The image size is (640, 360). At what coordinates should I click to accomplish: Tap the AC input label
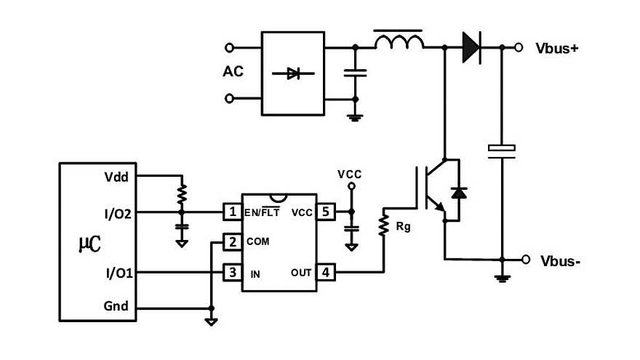pos(233,73)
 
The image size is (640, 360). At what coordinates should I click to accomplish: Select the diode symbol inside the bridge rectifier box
pos(293,73)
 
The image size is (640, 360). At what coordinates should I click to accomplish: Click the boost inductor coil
pos(399,43)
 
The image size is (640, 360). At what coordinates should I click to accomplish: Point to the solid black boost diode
pos(471,48)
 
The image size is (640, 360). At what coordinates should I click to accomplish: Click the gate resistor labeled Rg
pos(383,225)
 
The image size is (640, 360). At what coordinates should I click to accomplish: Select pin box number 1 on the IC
pos(232,212)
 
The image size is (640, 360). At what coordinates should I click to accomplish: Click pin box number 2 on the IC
pos(232,242)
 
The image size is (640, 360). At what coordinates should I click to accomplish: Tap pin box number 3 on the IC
pos(232,273)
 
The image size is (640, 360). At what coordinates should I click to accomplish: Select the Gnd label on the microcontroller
pos(116,306)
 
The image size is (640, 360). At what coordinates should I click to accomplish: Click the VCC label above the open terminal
pos(350,175)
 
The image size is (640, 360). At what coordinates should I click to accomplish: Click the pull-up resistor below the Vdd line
pos(182,193)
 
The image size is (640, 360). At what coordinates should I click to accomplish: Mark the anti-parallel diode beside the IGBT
pos(458,193)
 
